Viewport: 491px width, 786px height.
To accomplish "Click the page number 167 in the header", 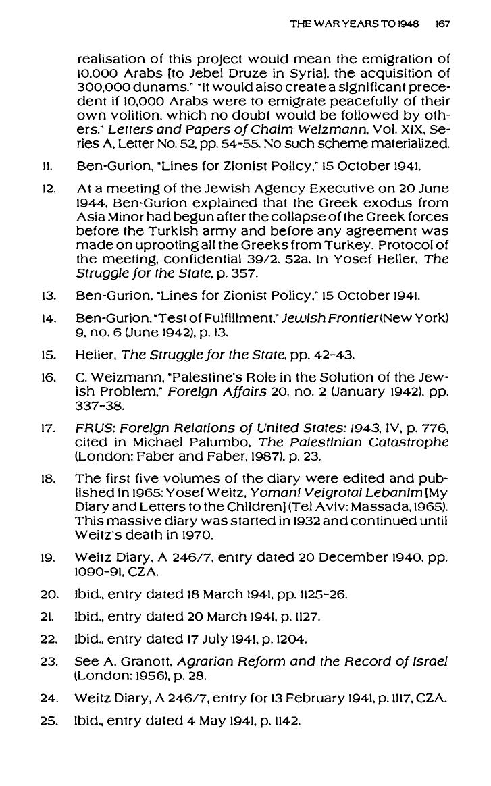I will pyautogui.click(x=443, y=24).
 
